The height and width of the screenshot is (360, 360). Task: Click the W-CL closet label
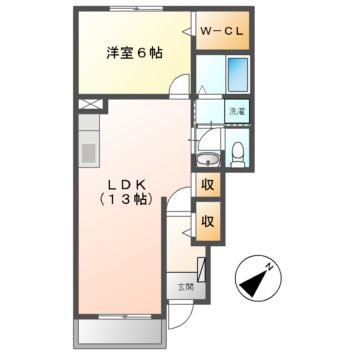pos(223,33)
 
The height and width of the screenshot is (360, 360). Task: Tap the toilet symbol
pos(238,150)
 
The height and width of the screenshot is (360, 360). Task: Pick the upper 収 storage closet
pos(208,184)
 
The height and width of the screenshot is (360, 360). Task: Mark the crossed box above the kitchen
pos(89,104)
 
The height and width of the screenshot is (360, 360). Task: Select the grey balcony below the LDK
pos(120,331)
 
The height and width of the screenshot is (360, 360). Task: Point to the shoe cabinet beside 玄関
pos(204,270)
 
